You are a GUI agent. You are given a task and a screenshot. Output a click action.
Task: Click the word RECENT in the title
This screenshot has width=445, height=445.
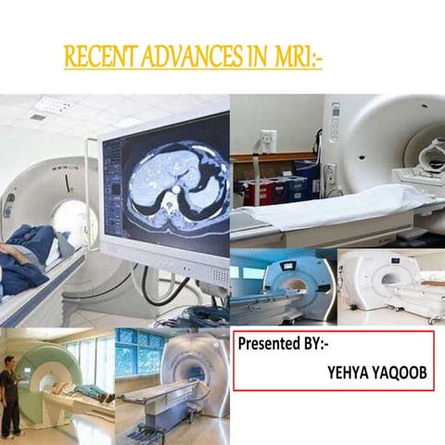(x=94, y=57)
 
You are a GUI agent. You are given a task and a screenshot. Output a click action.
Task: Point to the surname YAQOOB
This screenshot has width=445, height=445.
(x=400, y=372)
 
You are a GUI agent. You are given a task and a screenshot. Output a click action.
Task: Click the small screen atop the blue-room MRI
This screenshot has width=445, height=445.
(x=286, y=259)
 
